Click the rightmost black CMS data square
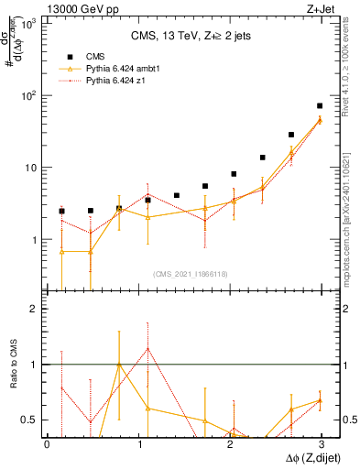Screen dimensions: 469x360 tap(320, 106)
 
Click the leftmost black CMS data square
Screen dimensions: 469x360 tap(61, 212)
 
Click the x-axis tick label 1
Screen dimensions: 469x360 tap(138, 444)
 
